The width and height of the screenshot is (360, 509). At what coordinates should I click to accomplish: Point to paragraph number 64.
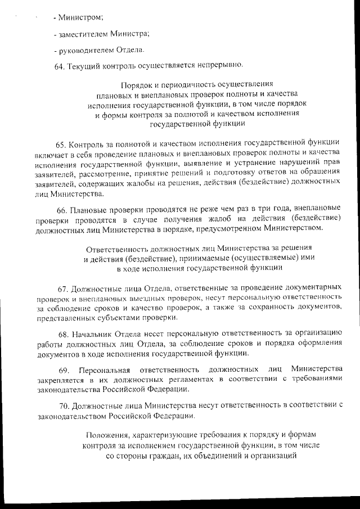point(60,67)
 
